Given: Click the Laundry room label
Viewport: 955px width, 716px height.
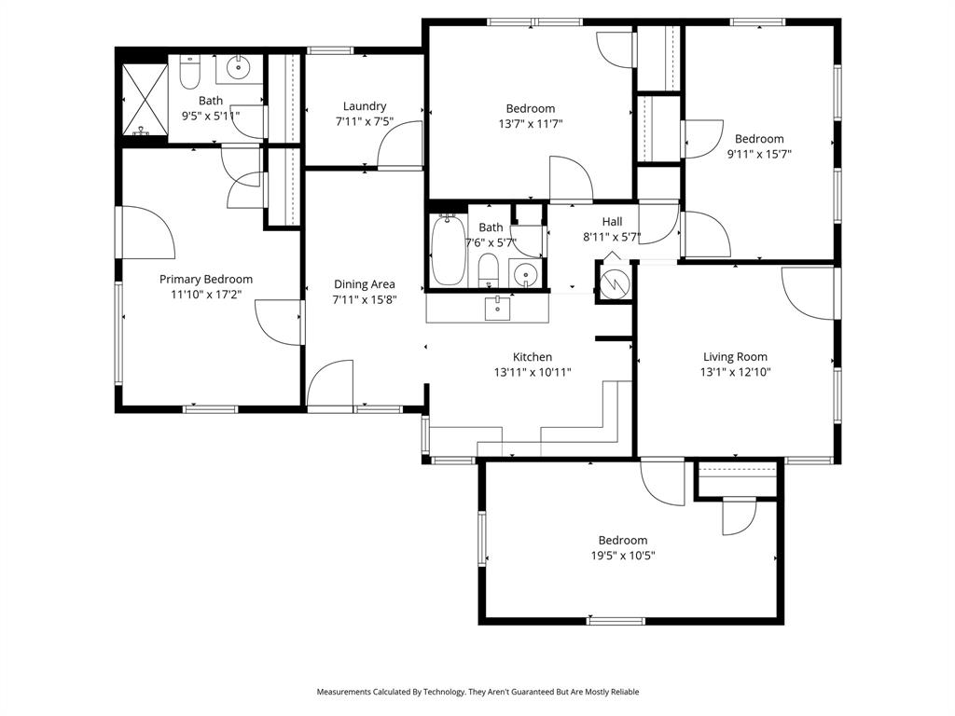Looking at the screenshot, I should tap(364, 106).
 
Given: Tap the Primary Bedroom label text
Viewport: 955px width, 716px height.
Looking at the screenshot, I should tap(205, 279).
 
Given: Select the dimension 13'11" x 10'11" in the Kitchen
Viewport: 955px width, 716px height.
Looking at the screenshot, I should tap(532, 372).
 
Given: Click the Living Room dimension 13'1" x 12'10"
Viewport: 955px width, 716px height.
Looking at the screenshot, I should tap(735, 372).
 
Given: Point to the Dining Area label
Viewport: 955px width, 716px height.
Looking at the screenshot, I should tap(364, 284).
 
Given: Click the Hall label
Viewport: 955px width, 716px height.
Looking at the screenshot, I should tap(612, 221).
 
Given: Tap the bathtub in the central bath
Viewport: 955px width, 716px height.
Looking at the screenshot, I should tap(449, 250).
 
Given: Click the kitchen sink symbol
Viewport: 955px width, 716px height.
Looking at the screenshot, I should tap(498, 307).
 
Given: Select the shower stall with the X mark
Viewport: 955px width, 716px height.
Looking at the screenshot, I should tap(143, 96).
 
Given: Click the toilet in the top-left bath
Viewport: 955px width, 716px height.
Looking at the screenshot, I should tap(190, 71).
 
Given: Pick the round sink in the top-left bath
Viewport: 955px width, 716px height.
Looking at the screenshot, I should tap(241, 67).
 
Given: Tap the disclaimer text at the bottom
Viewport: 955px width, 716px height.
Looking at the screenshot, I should tap(477, 692).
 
